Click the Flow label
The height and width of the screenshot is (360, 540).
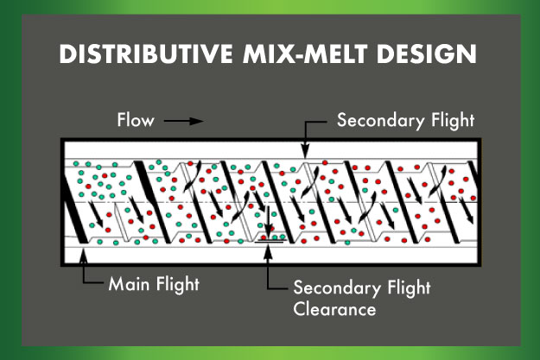(136, 121)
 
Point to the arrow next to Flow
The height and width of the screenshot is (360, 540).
(183, 121)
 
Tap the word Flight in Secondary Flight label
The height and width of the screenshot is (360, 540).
(451, 121)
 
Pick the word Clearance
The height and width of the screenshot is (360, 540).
(334, 308)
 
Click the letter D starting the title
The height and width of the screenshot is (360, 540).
(67, 54)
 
